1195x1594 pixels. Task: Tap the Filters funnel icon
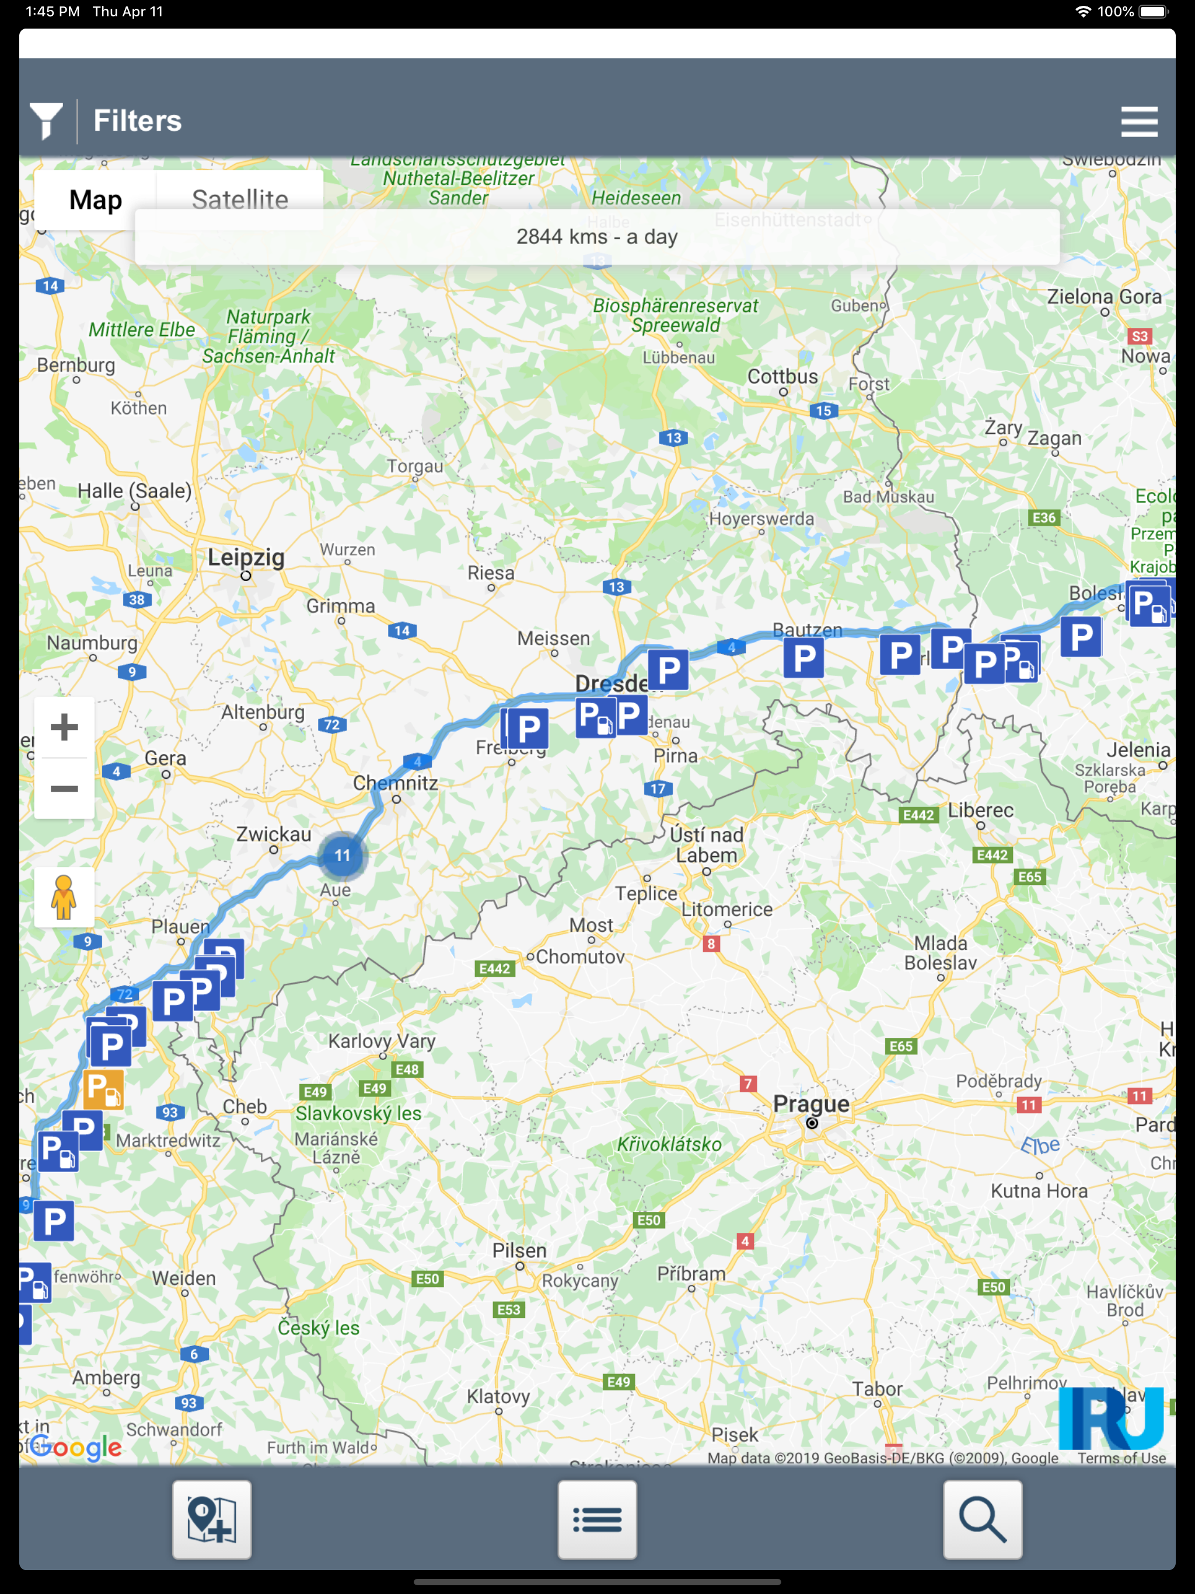tap(46, 120)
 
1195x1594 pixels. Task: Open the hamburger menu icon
tap(1139, 121)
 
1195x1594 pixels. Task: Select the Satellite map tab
tap(239, 199)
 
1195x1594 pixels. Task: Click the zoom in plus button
tap(64, 727)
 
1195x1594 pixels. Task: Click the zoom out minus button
tap(64, 788)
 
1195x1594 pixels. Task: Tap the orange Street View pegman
tap(64, 897)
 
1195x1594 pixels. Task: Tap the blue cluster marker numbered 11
tap(343, 855)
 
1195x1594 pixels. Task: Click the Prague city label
tap(811, 1103)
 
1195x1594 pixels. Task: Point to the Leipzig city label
tap(246, 557)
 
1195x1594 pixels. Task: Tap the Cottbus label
tap(782, 376)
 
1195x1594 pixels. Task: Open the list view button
tap(597, 1519)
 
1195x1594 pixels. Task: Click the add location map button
tap(212, 1519)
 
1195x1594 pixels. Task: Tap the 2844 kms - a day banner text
tap(597, 237)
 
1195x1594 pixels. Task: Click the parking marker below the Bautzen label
tap(803, 657)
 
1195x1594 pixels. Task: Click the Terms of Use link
tap(1121, 1458)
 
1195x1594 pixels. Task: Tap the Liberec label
tap(980, 810)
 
